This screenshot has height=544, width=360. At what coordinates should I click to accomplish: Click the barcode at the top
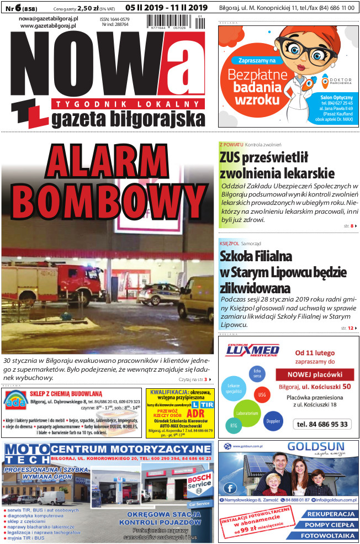[x=171, y=22]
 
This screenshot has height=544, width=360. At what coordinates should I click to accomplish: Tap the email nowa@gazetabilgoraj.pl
[x=48, y=18]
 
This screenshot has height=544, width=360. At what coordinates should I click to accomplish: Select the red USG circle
[x=262, y=395]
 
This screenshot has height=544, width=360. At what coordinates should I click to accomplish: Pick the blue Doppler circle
[x=273, y=421]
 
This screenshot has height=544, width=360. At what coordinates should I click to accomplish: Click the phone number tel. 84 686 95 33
[x=322, y=424]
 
